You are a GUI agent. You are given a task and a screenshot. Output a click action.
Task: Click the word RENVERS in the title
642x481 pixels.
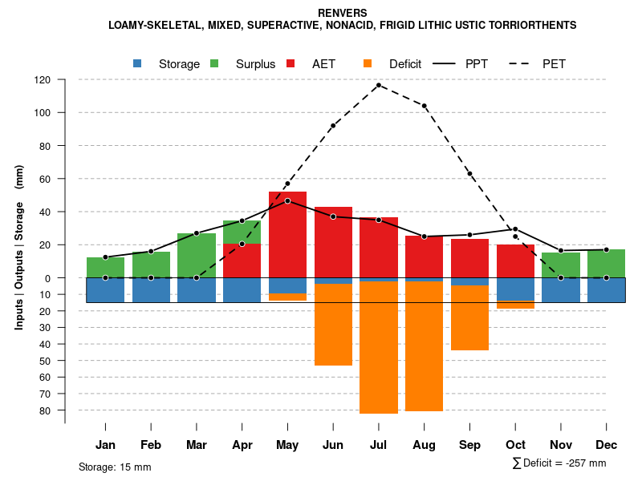click(x=343, y=13)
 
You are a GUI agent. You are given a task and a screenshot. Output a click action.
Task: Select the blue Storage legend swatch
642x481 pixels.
click(x=137, y=63)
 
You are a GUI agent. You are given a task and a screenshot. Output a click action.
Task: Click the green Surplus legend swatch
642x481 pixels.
click(x=214, y=63)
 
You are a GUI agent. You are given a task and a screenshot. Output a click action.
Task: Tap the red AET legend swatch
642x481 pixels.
click(x=291, y=63)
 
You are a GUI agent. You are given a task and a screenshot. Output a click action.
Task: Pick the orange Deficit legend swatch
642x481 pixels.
click(x=368, y=63)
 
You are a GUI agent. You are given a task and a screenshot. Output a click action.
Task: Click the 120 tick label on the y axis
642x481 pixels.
click(x=42, y=80)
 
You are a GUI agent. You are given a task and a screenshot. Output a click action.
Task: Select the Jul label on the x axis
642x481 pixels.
click(x=378, y=445)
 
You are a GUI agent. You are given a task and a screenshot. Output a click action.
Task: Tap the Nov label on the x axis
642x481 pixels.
click(x=561, y=445)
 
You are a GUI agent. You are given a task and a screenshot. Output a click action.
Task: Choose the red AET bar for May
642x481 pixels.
click(x=287, y=240)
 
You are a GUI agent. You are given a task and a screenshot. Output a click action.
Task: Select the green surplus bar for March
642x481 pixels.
click(x=197, y=255)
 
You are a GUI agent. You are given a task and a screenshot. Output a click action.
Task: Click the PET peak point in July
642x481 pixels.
click(x=378, y=85)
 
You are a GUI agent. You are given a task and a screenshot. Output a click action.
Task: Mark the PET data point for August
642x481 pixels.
click(x=424, y=106)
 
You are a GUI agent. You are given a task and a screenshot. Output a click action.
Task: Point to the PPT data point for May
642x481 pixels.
click(x=287, y=200)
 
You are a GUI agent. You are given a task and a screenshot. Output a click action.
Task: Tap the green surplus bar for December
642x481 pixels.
click(x=606, y=263)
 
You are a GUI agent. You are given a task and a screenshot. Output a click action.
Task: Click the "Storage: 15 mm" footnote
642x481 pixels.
click(x=115, y=467)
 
